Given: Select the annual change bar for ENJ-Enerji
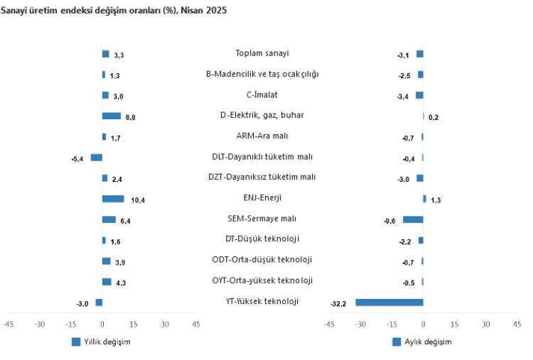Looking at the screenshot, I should pyautogui.click(x=113, y=199).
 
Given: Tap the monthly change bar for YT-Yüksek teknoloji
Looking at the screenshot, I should pyautogui.click(x=389, y=302).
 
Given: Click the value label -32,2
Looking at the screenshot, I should pyautogui.click(x=338, y=305).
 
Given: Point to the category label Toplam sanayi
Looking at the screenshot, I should pyautogui.click(x=262, y=53).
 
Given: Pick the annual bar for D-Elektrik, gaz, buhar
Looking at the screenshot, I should pyautogui.click(x=111, y=116).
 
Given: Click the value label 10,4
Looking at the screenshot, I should pyautogui.click(x=138, y=201).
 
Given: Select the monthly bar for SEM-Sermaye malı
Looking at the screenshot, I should pyautogui.click(x=413, y=219).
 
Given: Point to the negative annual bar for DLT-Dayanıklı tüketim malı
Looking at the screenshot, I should pyautogui.click(x=96, y=158).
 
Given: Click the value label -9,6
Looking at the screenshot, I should pyautogui.click(x=390, y=222).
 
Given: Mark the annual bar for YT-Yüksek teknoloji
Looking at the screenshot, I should pyautogui.click(x=99, y=302).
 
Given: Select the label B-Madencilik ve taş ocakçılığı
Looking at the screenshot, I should pyautogui.click(x=262, y=74).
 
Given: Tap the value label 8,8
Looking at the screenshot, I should pyautogui.click(x=131, y=118).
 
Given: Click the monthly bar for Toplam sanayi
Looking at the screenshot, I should pyautogui.click(x=420, y=53).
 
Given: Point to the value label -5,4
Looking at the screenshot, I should pyautogui.click(x=77, y=159).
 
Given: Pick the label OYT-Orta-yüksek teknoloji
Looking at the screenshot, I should pyautogui.click(x=262, y=280).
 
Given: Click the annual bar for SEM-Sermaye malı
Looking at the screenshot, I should pyautogui.click(x=109, y=219).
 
